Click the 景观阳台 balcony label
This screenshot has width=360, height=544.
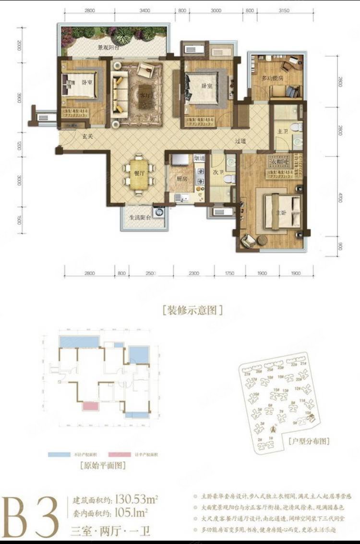pos(108,48)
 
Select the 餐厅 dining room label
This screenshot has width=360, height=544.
pos(137,174)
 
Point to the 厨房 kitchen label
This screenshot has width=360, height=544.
pos(181,178)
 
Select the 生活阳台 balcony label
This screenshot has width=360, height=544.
pos(140,218)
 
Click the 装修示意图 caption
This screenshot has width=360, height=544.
pos(192,310)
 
